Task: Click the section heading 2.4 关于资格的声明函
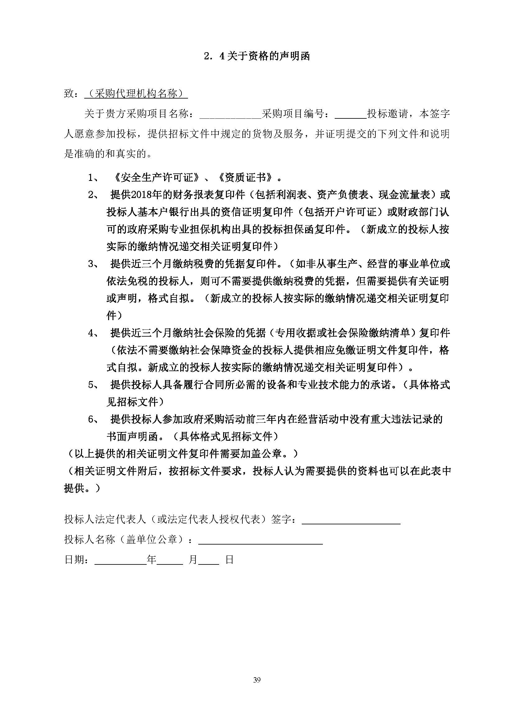click(x=257, y=56)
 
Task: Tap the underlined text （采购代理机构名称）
click(x=136, y=94)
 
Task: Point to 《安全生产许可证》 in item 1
click(x=156, y=178)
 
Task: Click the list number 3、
click(x=93, y=264)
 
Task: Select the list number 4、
click(x=93, y=333)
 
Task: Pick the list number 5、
click(x=93, y=385)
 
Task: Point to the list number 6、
click(x=93, y=420)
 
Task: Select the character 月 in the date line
click(x=193, y=560)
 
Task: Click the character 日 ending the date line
click(x=229, y=560)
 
